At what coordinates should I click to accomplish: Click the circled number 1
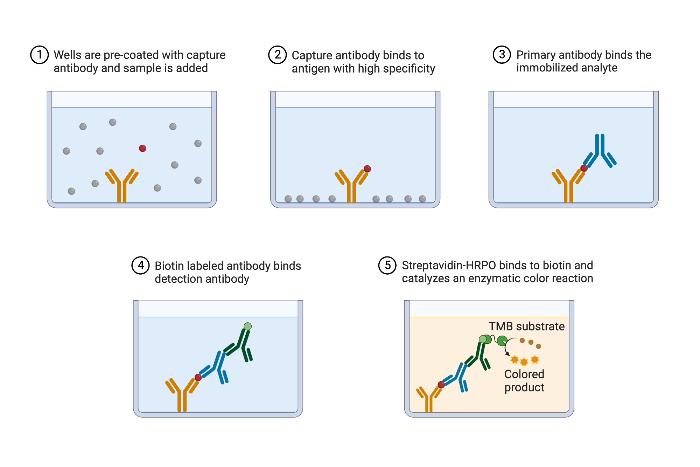[x=39, y=55]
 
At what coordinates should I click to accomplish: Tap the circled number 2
[x=277, y=55]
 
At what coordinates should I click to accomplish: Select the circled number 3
[x=502, y=55]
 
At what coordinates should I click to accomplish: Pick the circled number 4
[x=140, y=265]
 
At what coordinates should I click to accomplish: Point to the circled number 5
[x=387, y=265]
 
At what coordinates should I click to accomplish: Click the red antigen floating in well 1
[x=142, y=148]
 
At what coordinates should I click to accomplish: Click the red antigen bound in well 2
[x=367, y=169]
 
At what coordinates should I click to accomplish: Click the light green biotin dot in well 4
[x=248, y=326]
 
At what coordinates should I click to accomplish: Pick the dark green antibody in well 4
[x=241, y=345]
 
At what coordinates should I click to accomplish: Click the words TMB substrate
[x=526, y=326]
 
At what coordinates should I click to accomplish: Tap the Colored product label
[x=524, y=380]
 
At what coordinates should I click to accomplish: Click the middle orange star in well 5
[x=524, y=362]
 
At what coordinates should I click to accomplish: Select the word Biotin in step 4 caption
[x=170, y=266]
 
